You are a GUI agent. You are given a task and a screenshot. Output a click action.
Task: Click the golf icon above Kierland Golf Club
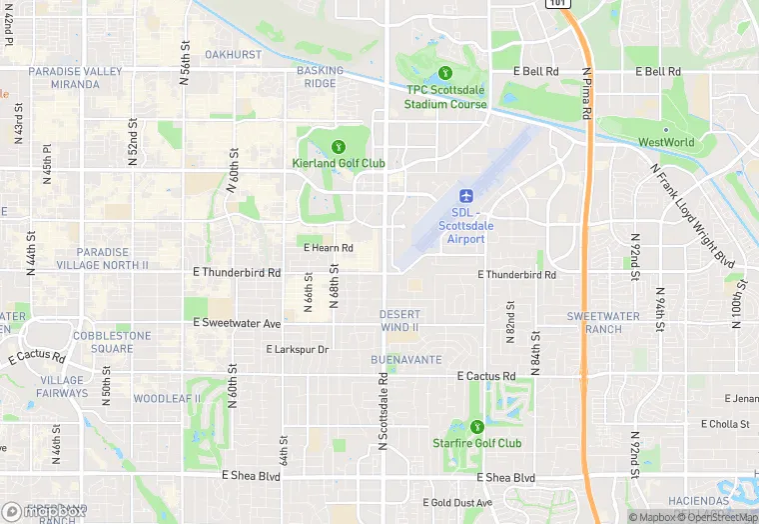[x=338, y=146]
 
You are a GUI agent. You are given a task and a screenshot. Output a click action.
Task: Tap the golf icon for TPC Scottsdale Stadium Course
[x=444, y=73]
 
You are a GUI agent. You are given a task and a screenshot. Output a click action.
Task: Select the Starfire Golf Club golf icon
[x=476, y=426]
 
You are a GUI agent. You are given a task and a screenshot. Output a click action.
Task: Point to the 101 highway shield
[x=557, y=4]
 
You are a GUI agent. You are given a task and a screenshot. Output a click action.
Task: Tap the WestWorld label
[x=666, y=142]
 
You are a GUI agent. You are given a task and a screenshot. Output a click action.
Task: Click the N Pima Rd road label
[x=587, y=96]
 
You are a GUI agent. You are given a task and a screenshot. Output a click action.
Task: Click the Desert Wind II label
[x=399, y=321]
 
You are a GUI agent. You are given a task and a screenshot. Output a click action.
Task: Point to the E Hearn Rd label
[x=329, y=248]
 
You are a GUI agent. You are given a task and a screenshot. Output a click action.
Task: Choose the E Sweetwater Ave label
[x=237, y=324]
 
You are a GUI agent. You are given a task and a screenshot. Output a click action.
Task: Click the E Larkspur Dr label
[x=297, y=349]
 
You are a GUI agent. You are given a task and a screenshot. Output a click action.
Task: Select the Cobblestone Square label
[x=97, y=342]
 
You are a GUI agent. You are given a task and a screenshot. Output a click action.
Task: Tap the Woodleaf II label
[x=167, y=398]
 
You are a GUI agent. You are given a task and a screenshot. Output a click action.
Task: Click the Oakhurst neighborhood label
[x=233, y=54]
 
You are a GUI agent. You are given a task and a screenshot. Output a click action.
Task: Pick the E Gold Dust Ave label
[x=457, y=502]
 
